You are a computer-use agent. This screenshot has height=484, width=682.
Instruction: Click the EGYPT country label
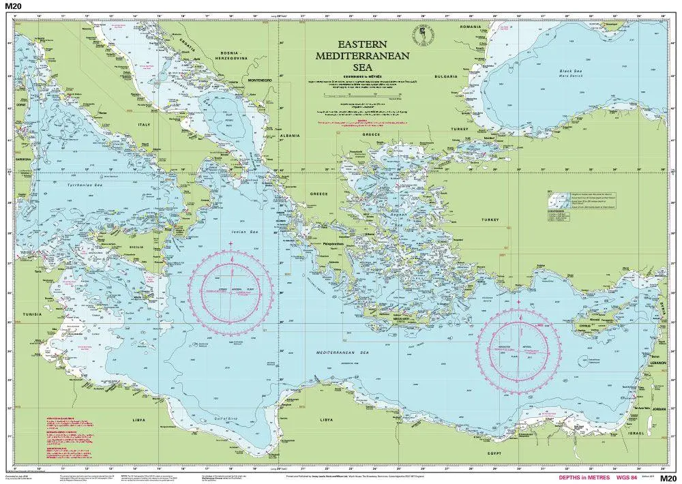click(x=495, y=453)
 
